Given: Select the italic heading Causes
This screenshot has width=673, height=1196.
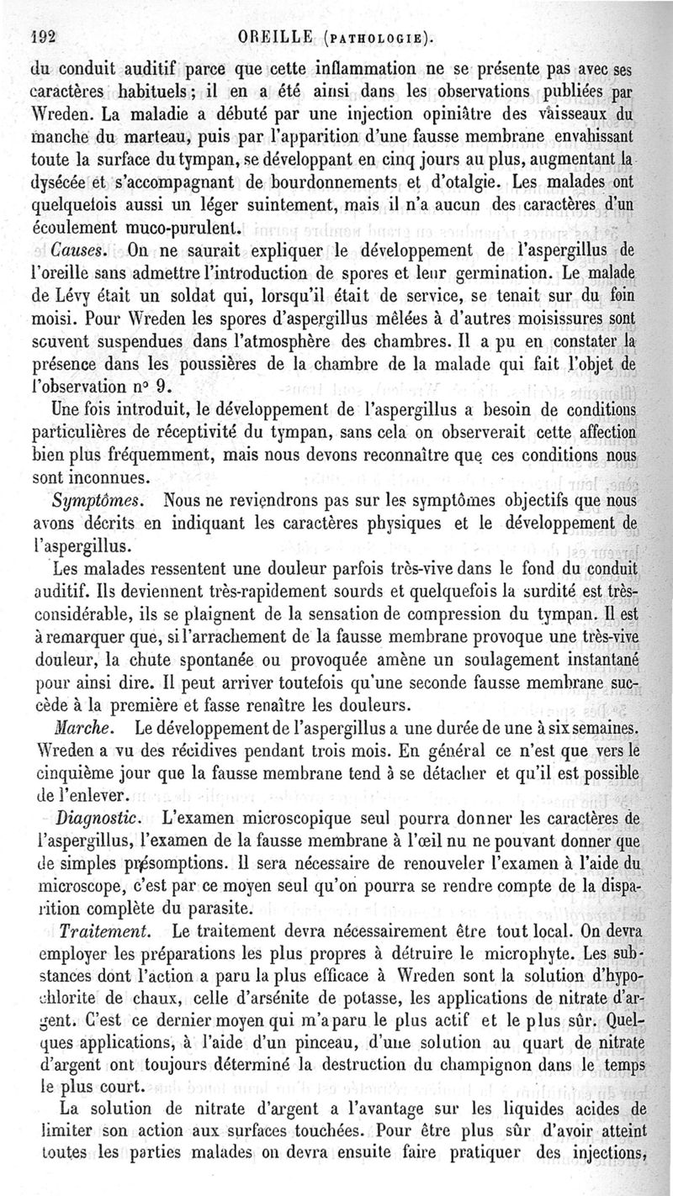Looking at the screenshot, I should click(x=78, y=250).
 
